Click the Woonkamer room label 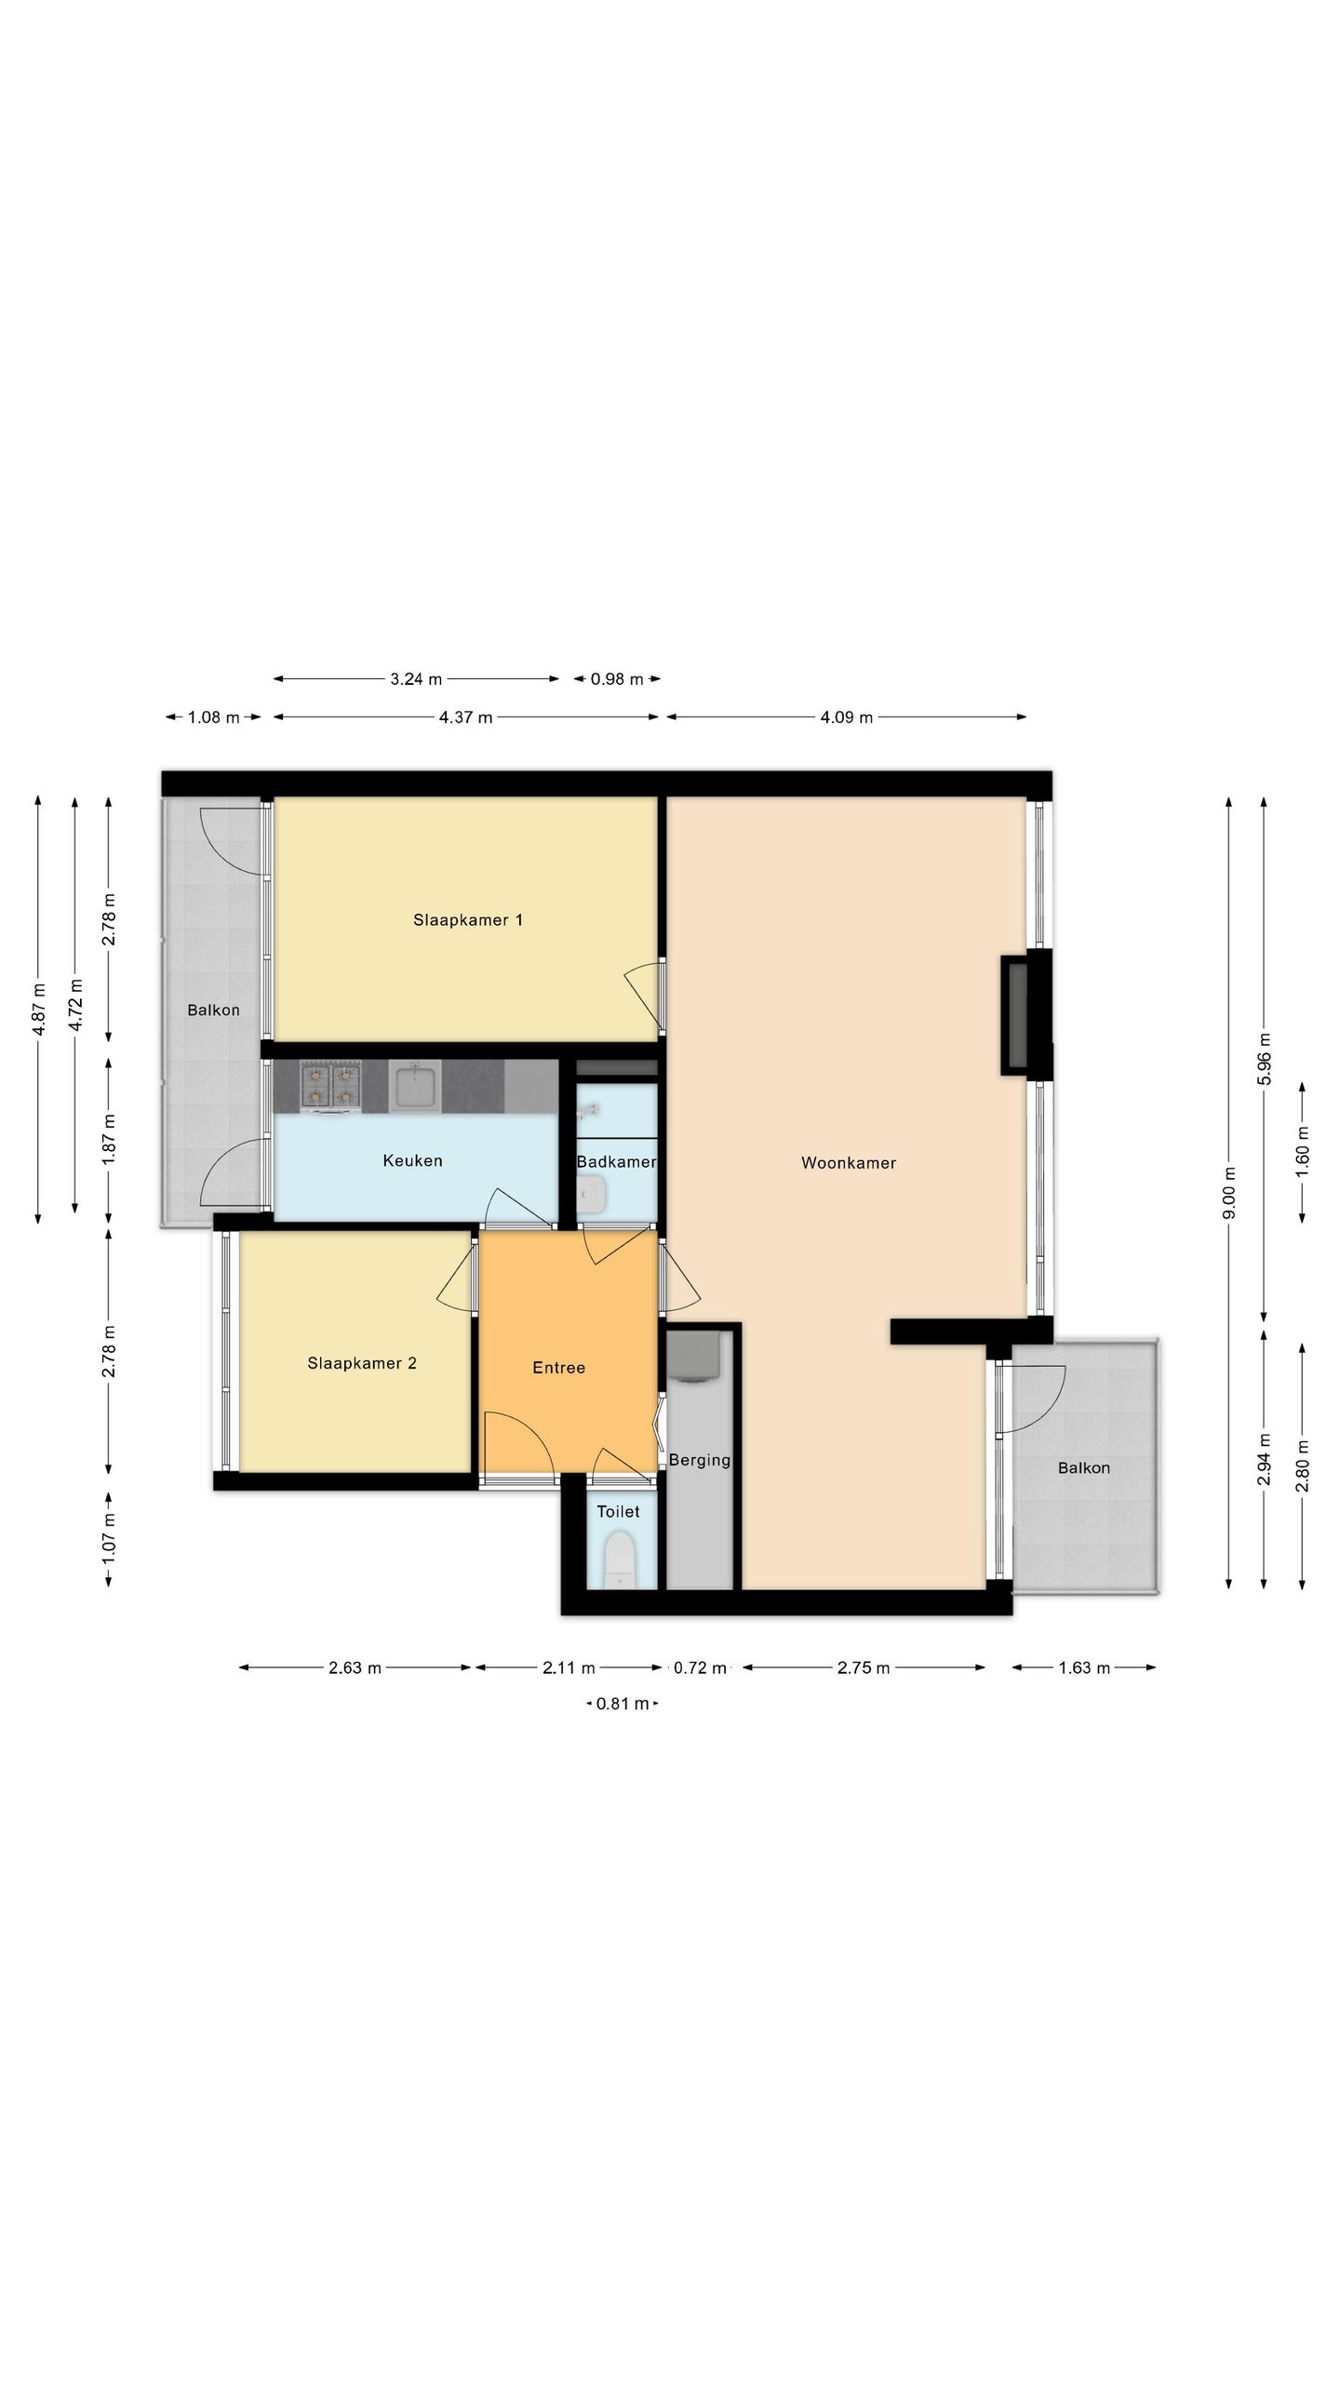[849, 1163]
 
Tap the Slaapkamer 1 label [468, 920]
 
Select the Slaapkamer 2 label [362, 1363]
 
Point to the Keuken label [412, 1160]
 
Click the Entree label [558, 1367]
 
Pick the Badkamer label [616, 1161]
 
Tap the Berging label [700, 1460]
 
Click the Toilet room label [618, 1511]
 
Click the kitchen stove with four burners [330, 1087]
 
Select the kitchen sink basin [416, 1087]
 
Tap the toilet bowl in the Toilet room [618, 1561]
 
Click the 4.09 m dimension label [847, 717]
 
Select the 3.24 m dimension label [416, 679]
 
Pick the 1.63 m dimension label [1084, 1667]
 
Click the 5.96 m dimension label [1263, 1059]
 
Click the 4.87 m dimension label [38, 1010]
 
